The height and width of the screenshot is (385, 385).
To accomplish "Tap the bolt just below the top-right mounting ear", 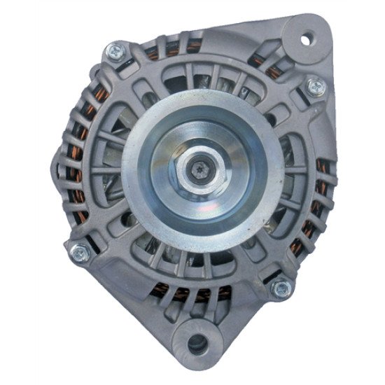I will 314,86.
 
